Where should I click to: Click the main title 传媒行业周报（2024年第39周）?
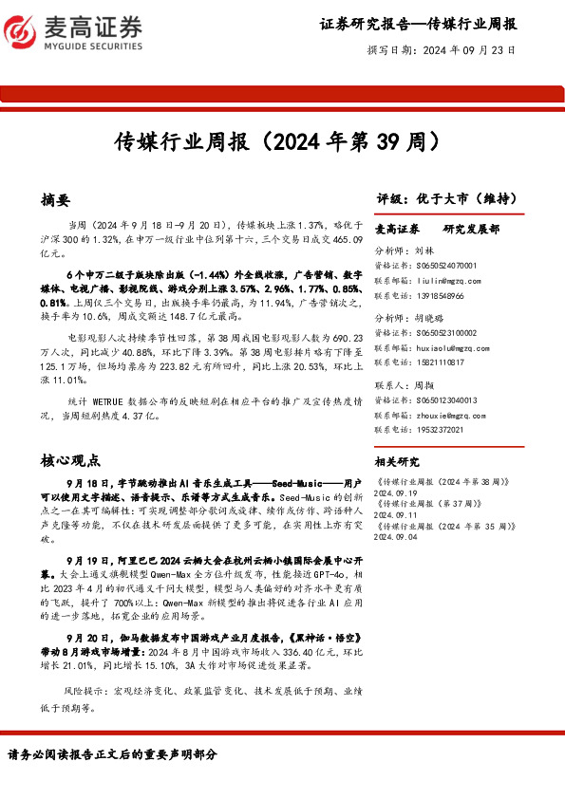282,143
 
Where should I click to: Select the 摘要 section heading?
55,200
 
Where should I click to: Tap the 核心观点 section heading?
70,461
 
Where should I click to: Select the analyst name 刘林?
424,252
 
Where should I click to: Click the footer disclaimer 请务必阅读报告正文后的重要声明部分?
112,753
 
